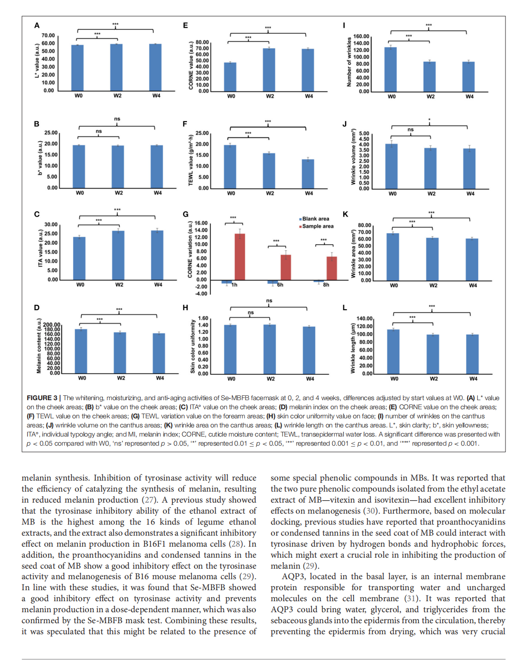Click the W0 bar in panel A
[x=77, y=68]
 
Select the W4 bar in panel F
[x=308, y=174]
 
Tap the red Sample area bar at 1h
[x=240, y=257]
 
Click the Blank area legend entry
[x=315, y=219]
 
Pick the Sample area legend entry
[x=317, y=226]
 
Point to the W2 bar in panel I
[x=429, y=77]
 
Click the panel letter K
[x=345, y=214]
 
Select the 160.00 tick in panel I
[x=361, y=36]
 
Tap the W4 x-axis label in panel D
[x=160, y=378]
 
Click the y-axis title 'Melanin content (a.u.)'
[x=39, y=346]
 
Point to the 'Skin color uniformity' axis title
[x=193, y=346]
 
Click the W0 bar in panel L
[x=394, y=351]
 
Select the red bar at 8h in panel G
[x=331, y=268]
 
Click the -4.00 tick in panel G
[x=201, y=294]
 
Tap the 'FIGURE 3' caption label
[x=42, y=398]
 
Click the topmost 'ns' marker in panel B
[x=117, y=119]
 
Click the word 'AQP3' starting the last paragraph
[x=293, y=576]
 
